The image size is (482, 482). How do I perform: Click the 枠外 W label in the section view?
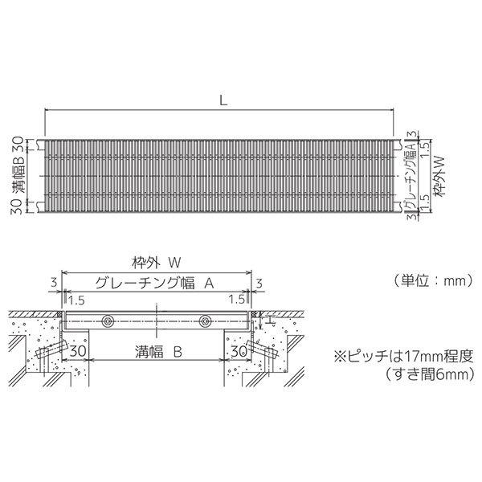tap(155, 262)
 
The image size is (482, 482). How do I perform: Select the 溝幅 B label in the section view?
tap(155, 351)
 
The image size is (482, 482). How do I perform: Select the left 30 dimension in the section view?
tap(78, 352)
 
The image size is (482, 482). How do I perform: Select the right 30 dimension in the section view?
tap(237, 352)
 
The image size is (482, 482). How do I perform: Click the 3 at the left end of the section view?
tap(53, 282)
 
